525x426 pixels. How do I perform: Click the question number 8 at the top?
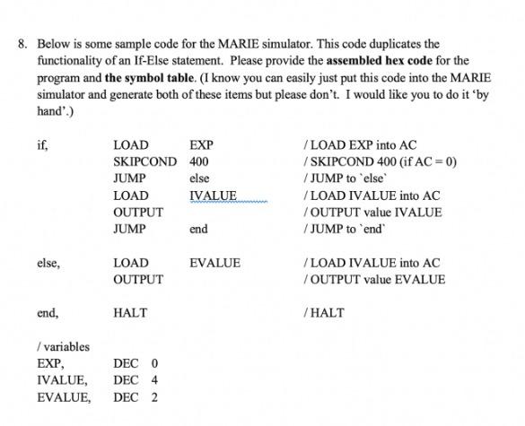(x=20, y=43)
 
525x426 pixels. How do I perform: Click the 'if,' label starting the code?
(x=42, y=145)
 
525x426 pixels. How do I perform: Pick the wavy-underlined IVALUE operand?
(x=214, y=196)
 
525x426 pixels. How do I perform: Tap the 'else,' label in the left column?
(x=48, y=263)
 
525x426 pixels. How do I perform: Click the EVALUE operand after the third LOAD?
(x=214, y=263)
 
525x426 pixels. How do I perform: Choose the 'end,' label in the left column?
(x=48, y=313)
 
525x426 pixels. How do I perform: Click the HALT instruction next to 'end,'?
(x=130, y=313)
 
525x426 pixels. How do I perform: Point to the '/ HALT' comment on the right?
(x=324, y=313)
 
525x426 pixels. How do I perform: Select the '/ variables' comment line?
(x=63, y=347)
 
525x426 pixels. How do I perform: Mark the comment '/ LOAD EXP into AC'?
(x=360, y=145)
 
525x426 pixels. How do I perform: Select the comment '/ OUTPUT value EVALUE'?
(x=374, y=280)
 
